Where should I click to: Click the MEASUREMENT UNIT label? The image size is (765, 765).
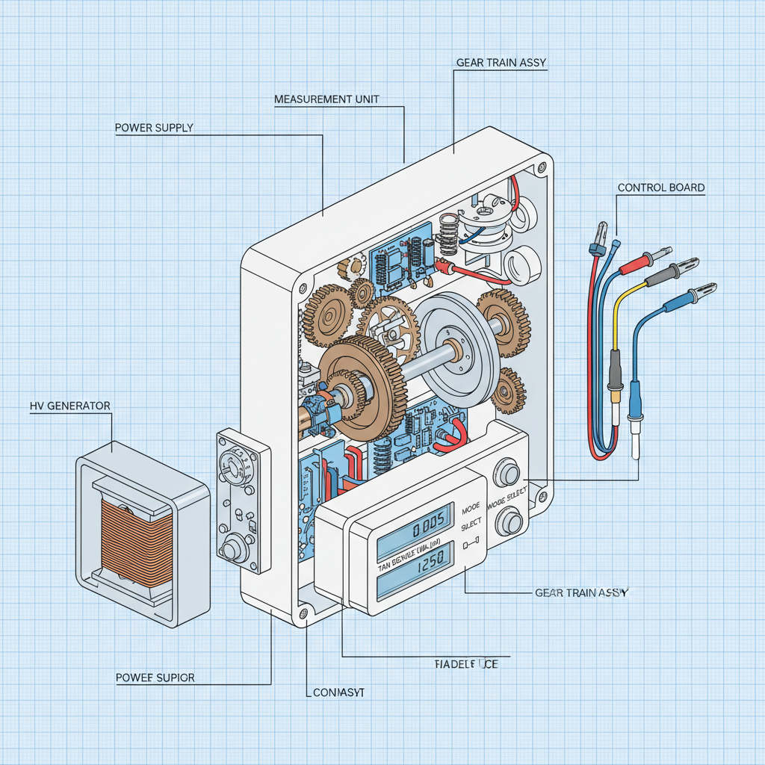coord(326,99)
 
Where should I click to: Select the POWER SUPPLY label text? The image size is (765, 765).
coord(154,128)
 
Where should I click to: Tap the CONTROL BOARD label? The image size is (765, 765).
coord(660,188)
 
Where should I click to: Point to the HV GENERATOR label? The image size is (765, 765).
coord(70,406)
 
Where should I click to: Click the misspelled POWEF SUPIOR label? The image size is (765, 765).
coord(155,678)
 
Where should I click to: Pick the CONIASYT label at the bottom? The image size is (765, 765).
coord(338,693)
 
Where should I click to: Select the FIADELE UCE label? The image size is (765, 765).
coord(465,663)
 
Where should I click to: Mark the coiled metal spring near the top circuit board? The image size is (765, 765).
coord(448,234)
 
